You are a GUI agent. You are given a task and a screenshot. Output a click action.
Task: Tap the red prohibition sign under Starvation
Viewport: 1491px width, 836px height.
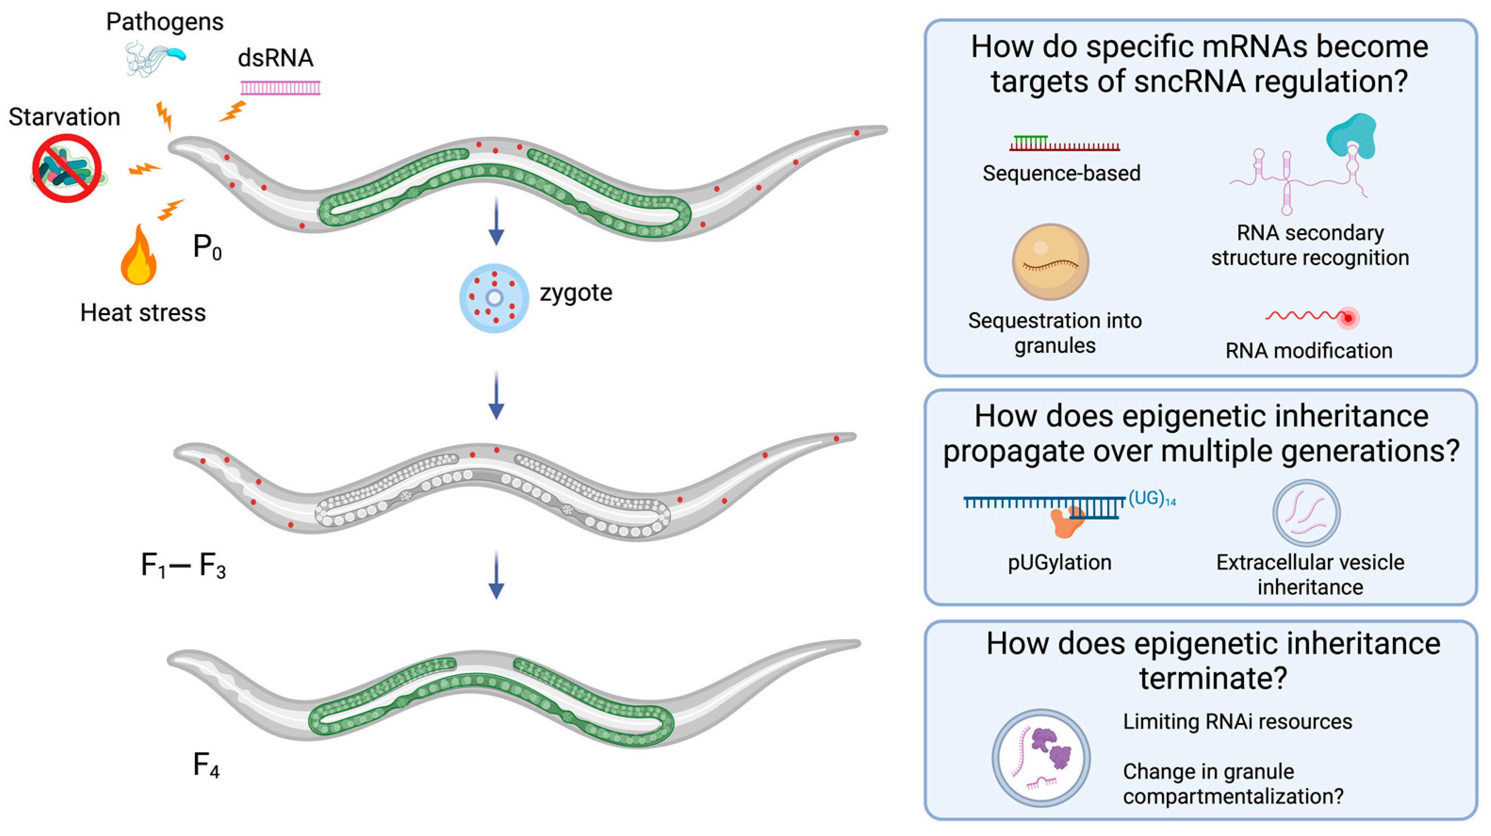pos(66,168)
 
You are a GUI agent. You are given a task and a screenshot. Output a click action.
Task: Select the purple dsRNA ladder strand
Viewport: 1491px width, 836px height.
pos(280,88)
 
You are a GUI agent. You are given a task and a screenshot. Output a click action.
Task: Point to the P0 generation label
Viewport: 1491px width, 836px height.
pos(206,248)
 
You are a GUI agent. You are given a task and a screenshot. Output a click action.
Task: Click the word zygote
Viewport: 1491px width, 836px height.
pos(576,293)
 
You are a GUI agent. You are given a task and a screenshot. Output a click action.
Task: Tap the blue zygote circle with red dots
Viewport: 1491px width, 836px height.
pos(494,298)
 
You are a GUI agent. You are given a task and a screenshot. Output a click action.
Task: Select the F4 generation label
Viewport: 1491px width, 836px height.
pos(206,765)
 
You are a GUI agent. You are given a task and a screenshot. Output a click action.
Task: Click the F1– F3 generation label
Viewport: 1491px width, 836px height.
pos(183,566)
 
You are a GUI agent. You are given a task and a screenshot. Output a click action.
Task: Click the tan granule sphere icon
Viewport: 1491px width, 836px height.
pos(1050,262)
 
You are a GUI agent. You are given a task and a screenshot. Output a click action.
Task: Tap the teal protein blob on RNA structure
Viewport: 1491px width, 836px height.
pos(1352,137)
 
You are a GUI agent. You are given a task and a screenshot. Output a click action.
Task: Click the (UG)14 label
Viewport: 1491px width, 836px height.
pos(1152,499)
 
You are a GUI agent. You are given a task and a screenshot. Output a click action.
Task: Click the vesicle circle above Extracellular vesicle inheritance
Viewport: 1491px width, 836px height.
pos(1306,512)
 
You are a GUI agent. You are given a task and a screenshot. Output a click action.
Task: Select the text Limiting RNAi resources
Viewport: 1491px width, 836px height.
pos(1237,722)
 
